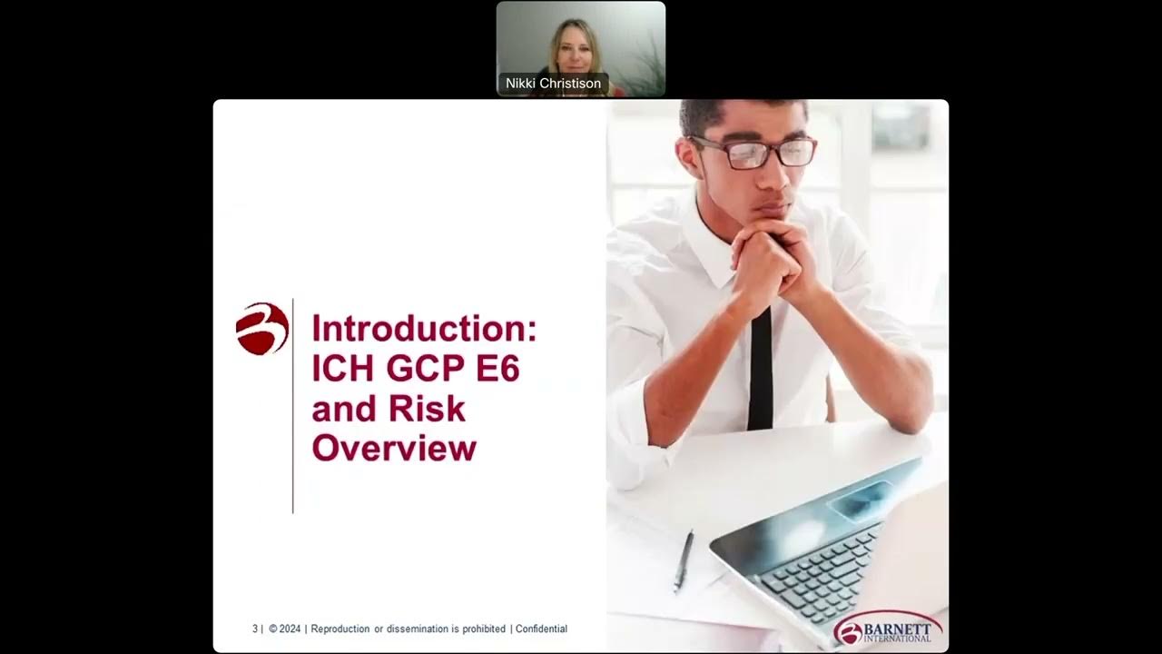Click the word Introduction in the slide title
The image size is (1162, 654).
click(x=423, y=328)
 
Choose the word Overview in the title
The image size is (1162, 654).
click(x=394, y=449)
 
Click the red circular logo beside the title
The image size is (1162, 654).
click(x=262, y=329)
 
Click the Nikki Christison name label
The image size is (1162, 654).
click(x=553, y=84)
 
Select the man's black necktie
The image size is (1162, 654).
click(x=760, y=372)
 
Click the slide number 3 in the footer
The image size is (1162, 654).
click(x=255, y=629)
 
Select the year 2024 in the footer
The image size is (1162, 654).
click(x=289, y=629)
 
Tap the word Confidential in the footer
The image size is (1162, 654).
click(x=541, y=629)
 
